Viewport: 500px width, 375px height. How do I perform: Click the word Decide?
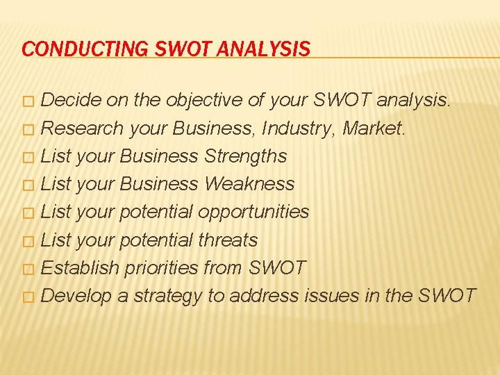coord(72,100)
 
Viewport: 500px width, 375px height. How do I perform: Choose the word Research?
coord(83,128)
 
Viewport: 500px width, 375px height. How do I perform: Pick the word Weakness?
coord(249,184)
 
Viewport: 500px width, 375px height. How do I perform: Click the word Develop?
coord(76,296)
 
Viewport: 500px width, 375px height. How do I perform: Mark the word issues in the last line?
coord(330,296)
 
